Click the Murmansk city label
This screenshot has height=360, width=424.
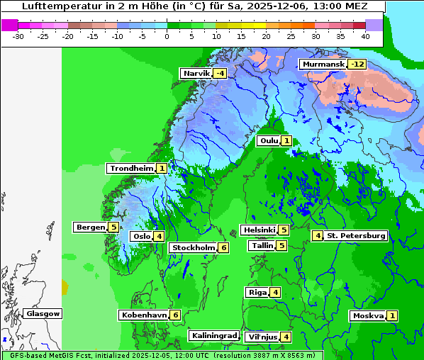323,64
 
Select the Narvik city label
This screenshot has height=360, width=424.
196,73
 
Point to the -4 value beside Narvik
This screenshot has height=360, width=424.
220,73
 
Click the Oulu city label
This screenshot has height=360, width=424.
269,140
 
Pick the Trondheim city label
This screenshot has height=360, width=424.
131,168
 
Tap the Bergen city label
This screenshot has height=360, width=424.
90,227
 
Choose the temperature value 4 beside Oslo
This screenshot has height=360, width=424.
160,236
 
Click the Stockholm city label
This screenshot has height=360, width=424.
192,247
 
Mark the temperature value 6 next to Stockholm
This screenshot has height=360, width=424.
223,247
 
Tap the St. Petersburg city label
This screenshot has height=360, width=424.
356,235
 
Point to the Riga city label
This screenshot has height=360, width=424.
256,292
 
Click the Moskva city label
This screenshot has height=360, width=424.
368,315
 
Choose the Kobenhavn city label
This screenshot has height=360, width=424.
144,315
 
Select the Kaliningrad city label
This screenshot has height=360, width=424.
214,335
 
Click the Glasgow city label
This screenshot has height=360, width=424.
43,313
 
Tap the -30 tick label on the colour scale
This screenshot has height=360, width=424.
18,35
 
